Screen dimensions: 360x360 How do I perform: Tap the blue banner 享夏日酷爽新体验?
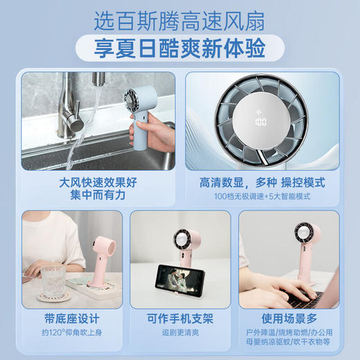click(x=179, y=48)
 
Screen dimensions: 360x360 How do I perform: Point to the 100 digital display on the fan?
click(x=261, y=122)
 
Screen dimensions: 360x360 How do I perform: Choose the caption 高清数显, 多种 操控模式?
click(x=262, y=183)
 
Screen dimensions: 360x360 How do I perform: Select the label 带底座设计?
click(x=71, y=319)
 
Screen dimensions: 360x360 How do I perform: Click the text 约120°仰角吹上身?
click(x=71, y=333)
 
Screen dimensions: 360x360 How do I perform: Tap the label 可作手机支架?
click(x=179, y=319)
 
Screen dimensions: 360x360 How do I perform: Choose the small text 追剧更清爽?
click(x=179, y=333)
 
